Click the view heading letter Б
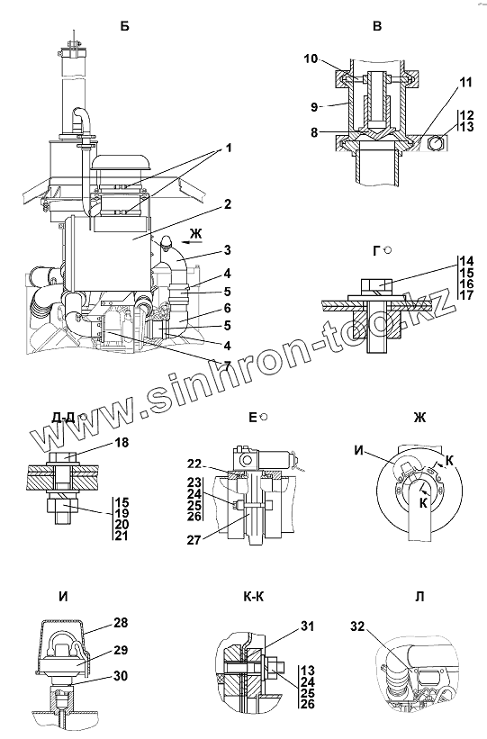click(x=124, y=26)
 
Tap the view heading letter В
click(x=376, y=26)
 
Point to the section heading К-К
click(x=254, y=596)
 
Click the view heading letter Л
click(x=419, y=596)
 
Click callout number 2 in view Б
click(x=228, y=204)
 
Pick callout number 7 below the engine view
click(x=227, y=365)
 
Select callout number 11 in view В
click(x=465, y=82)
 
